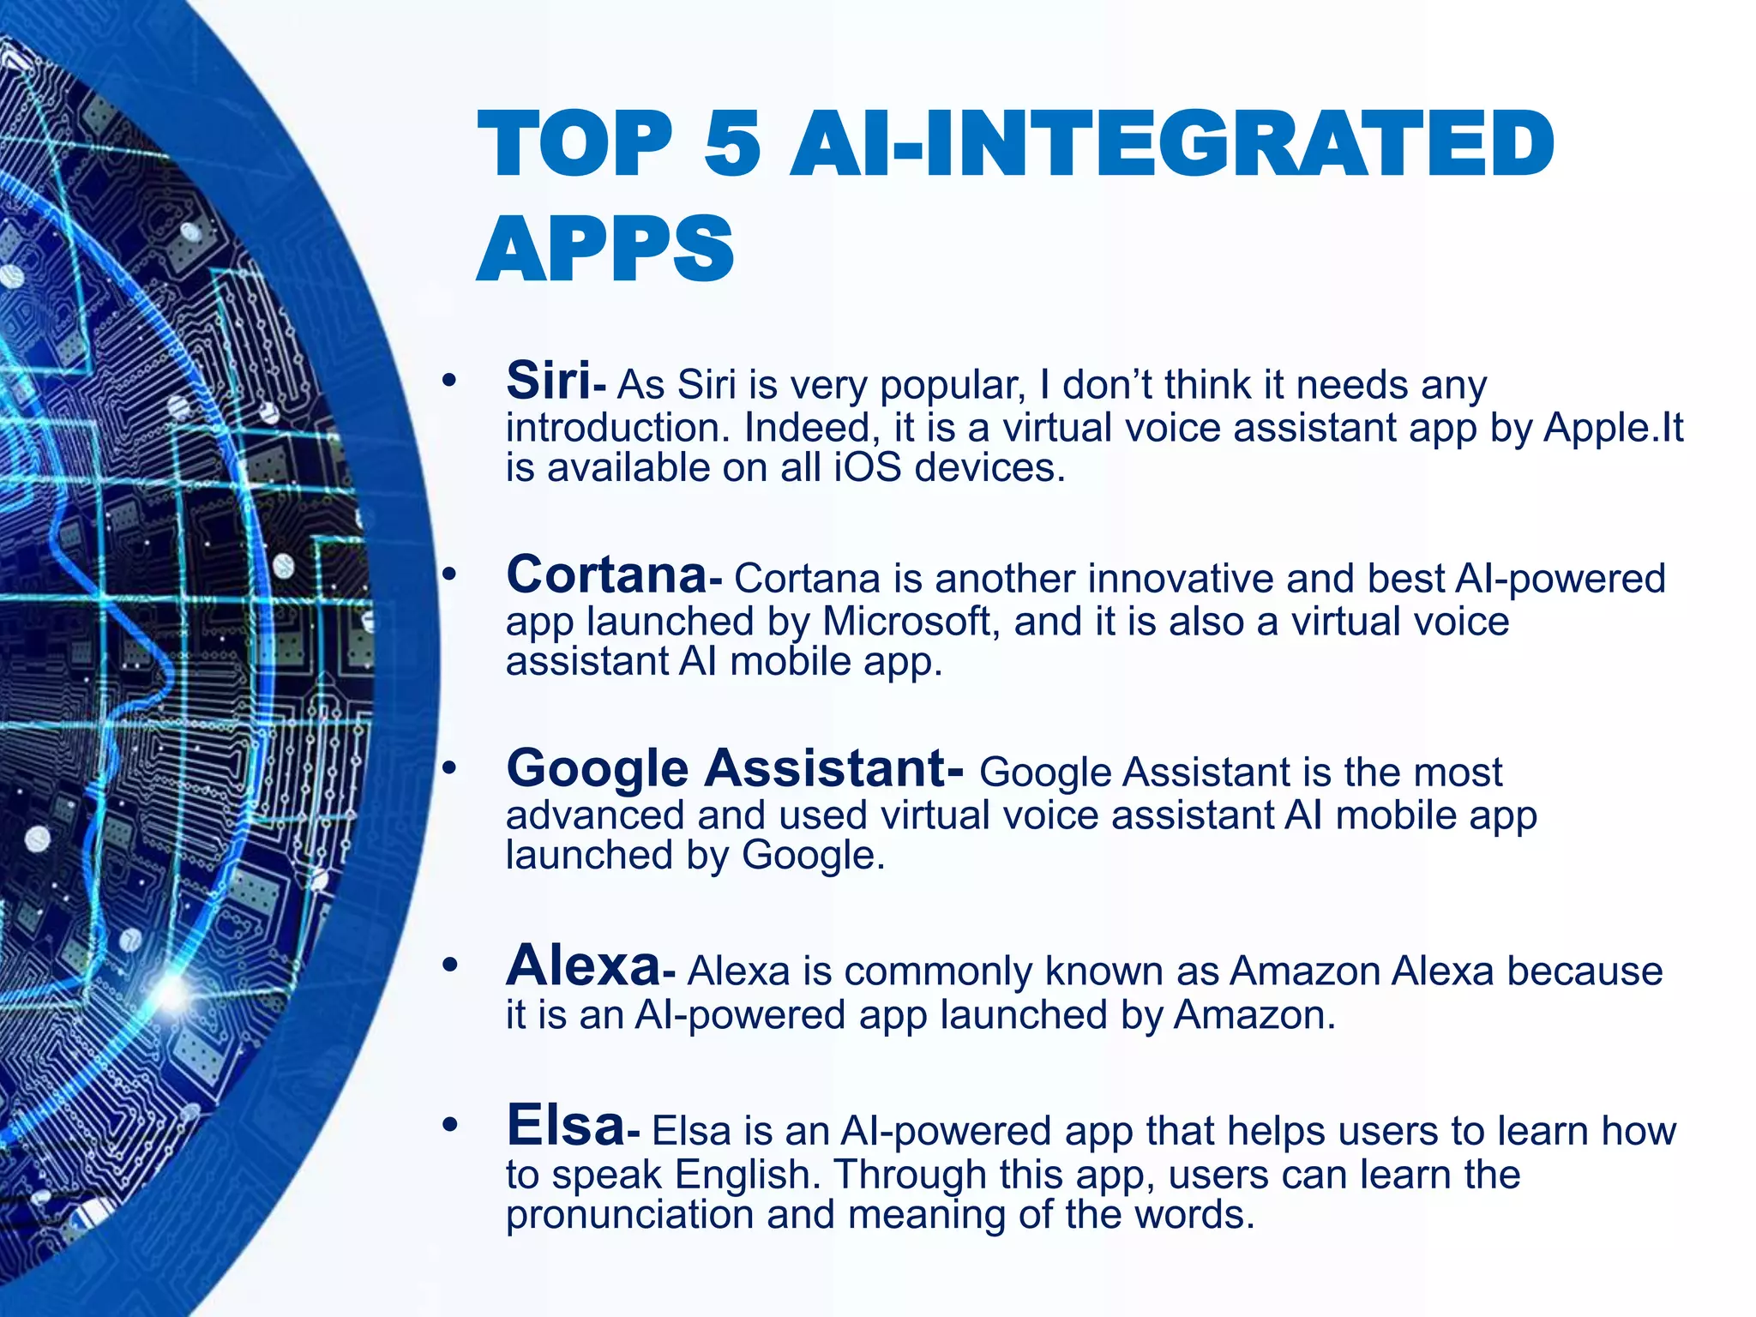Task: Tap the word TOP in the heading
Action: pos(575,143)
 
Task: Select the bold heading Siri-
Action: pos(556,382)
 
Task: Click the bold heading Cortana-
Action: pos(614,575)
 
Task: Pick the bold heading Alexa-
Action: pos(591,967)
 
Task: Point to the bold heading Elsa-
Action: pos(573,1126)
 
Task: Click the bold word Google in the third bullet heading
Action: pos(598,769)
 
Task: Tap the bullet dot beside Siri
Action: pos(449,380)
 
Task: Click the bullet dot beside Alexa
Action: pos(449,965)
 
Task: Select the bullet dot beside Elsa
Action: pos(449,1124)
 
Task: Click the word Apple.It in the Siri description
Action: pos(1614,428)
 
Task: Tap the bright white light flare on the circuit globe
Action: pos(171,995)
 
